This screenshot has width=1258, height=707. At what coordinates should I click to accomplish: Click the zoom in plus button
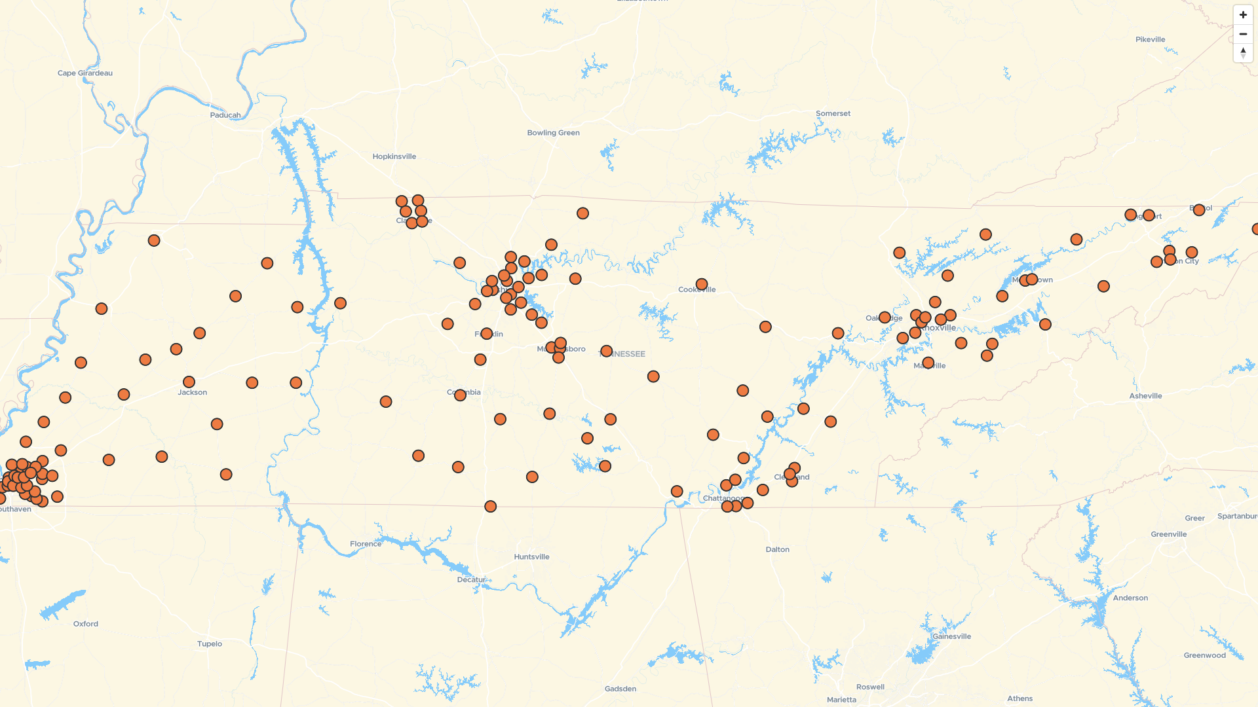1243,15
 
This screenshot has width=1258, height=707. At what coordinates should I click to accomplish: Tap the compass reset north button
1243,53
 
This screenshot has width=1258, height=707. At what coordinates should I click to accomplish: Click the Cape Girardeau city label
85,73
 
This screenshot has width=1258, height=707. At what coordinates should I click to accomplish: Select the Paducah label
225,115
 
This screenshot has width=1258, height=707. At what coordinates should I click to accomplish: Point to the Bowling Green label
553,133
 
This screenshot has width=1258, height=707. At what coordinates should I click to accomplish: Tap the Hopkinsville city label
394,156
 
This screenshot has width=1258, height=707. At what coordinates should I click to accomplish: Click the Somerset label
833,114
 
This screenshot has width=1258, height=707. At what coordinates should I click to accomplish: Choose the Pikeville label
1150,40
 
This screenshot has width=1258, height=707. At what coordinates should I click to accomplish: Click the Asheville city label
1145,396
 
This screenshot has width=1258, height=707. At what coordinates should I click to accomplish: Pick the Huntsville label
531,557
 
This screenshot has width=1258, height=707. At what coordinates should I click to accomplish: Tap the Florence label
365,544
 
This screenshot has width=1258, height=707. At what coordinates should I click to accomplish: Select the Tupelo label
210,644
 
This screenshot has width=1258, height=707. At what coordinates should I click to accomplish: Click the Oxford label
86,624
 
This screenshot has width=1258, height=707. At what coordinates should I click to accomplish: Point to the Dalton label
777,550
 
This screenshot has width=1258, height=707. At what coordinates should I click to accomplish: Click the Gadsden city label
620,689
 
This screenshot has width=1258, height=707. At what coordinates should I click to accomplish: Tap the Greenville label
1168,534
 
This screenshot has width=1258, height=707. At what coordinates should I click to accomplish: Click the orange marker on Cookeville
702,285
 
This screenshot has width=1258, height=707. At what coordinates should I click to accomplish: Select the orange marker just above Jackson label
189,382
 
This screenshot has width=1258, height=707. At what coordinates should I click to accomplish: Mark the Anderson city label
1130,598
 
